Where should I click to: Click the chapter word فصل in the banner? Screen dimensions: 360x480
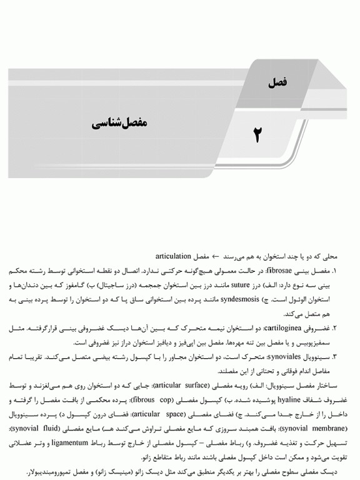(x=276, y=82)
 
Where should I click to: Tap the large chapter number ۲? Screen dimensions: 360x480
(x=256, y=134)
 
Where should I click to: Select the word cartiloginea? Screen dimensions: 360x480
(x=283, y=328)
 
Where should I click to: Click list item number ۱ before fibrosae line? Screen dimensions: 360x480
(x=334, y=271)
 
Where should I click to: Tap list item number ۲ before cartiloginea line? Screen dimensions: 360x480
(x=334, y=328)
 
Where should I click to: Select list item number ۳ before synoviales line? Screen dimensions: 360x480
(x=334, y=357)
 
